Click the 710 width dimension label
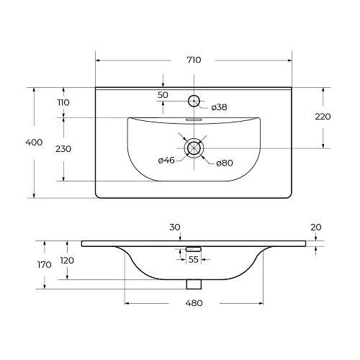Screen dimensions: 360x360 coord(193,60)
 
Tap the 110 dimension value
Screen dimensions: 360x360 coord(63,103)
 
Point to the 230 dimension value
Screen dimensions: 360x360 coord(63,148)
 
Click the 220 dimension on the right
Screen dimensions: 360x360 coord(323,117)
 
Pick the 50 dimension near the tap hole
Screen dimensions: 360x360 coord(163,95)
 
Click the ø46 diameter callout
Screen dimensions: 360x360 coord(167,160)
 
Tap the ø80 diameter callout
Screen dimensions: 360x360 coord(225,162)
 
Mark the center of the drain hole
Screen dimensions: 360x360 coord(194,148)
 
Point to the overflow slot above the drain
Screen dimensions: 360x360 coord(194,120)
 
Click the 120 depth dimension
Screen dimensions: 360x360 coord(66,260)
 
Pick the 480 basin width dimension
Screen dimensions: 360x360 coord(193,302)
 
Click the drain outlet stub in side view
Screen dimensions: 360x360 coord(193,284)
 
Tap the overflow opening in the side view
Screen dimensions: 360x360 coord(193,248)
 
